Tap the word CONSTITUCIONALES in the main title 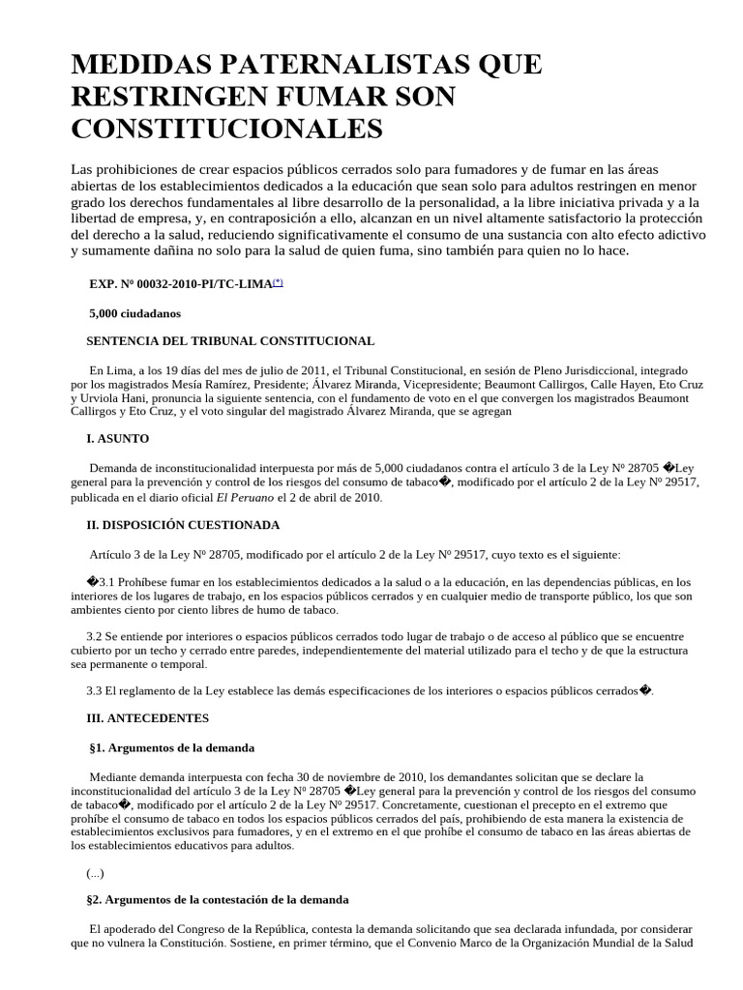227,128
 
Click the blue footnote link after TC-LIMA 278,282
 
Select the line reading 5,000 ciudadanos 134,313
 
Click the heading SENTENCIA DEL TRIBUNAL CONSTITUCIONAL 230,341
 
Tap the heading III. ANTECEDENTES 148,718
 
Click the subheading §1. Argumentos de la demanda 171,747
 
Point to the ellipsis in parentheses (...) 95,872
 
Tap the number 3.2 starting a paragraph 94,637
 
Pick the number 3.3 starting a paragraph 94,690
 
